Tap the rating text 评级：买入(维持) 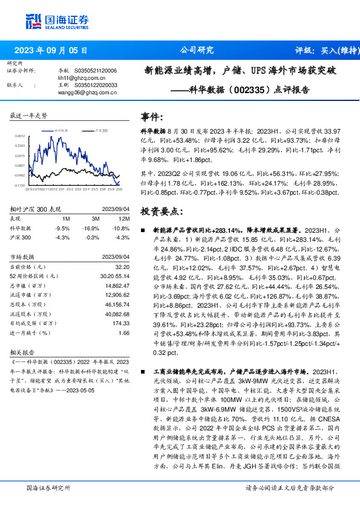point(319,50)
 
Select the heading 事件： point(151,117)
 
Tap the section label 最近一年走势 point(28,115)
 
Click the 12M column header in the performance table point(125,218)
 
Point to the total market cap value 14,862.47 point(117,285)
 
